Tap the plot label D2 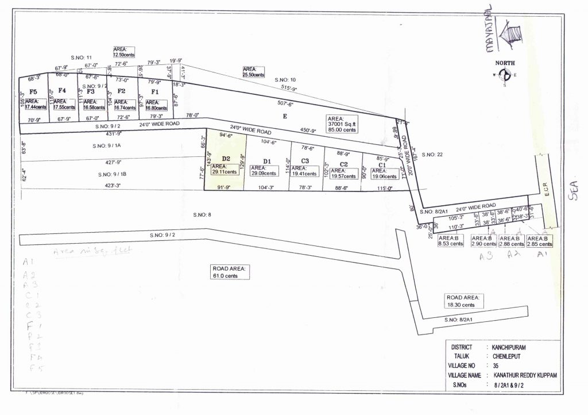226,159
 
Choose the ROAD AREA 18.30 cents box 464,301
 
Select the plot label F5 33,91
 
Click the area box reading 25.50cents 254,72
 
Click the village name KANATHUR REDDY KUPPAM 525,375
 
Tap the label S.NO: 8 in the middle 203,214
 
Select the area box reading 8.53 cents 451,241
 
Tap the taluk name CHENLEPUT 508,356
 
